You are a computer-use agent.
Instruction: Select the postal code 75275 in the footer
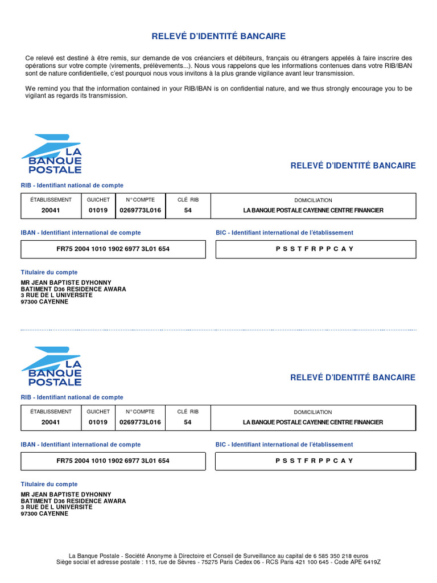coord(203,562)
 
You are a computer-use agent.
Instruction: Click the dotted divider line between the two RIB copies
coord(218,330)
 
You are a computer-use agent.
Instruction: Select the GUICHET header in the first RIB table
coord(98,200)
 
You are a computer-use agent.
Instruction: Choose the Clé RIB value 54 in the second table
coord(188,422)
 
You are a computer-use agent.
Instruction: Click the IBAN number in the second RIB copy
coord(113,461)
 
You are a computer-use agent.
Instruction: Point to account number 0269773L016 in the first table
coord(140,210)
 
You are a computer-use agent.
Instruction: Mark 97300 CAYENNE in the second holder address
coord(44,514)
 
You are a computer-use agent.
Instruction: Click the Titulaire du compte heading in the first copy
coord(50,272)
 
